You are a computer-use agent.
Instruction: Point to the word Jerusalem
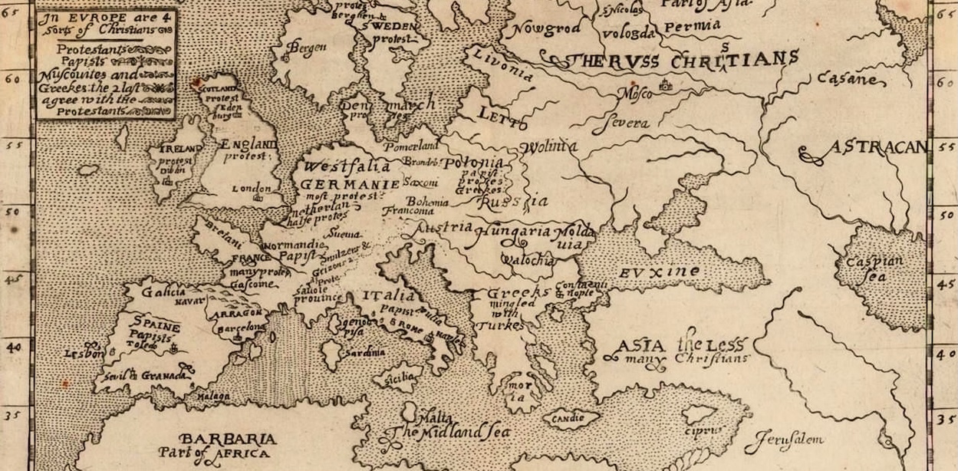(784, 440)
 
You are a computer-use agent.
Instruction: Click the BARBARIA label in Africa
(228, 440)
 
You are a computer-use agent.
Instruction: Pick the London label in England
(252, 189)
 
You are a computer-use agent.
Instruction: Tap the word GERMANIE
(350, 185)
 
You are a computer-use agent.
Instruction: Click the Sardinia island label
(364, 353)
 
